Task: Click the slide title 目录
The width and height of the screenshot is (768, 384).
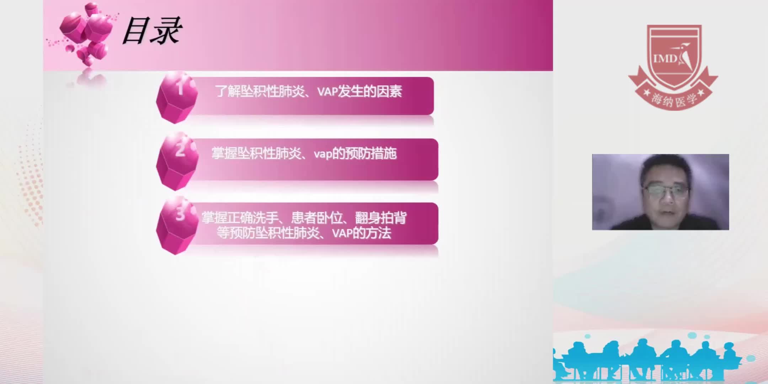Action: tap(152, 31)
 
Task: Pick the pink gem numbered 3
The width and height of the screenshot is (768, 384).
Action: tap(177, 225)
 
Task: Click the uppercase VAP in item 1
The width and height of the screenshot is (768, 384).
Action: tap(327, 92)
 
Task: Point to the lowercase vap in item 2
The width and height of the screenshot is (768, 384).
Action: tap(323, 154)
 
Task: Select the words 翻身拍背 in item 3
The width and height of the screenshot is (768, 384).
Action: tap(381, 218)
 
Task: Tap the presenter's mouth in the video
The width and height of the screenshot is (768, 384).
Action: tap(667, 212)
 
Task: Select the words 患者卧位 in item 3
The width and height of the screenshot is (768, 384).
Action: tap(316, 218)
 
